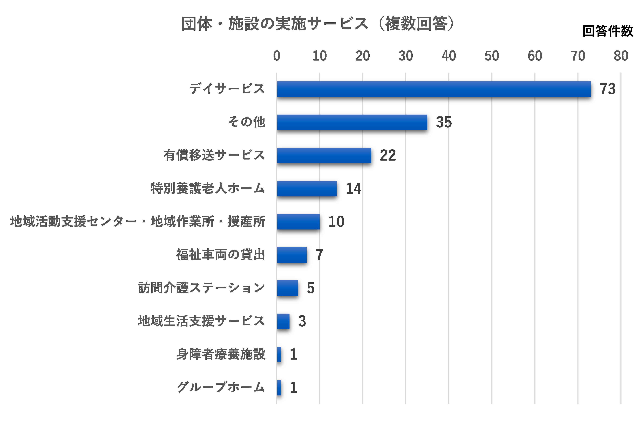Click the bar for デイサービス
tap(434, 89)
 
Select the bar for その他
tap(352, 122)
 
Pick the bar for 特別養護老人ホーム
tap(307, 189)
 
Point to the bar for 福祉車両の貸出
tap(292, 255)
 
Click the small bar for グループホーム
tap(279, 387)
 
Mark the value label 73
tap(607, 89)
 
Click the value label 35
tap(444, 122)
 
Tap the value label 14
tap(353, 189)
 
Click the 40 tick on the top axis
tap(449, 56)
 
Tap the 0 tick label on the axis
tap(277, 56)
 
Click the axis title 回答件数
tap(608, 31)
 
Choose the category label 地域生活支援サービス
tap(201, 321)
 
